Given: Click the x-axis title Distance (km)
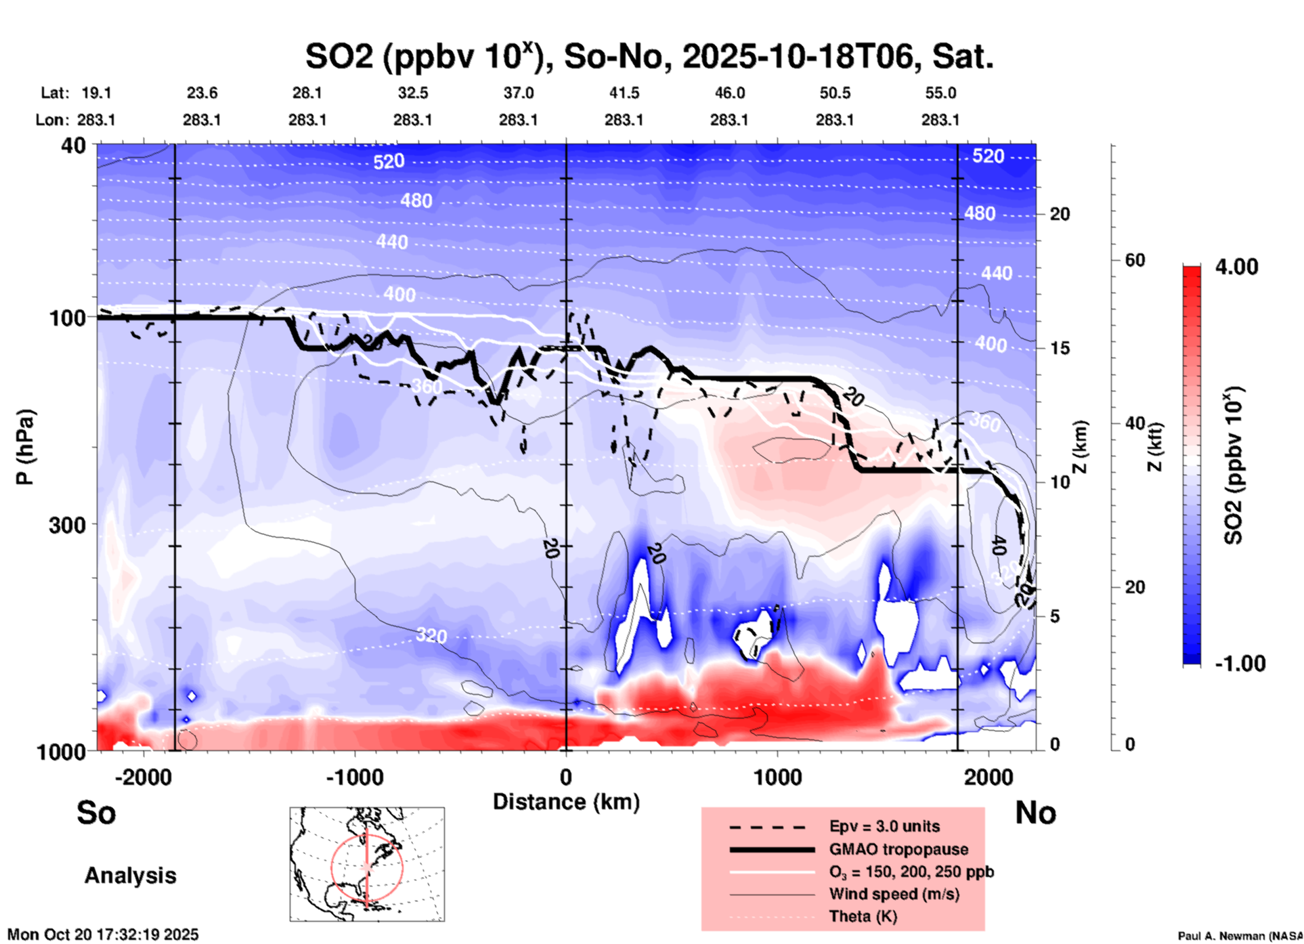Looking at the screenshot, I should point(566,802).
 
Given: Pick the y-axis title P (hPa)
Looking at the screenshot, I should point(25,447).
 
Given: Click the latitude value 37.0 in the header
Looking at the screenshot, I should point(519,93).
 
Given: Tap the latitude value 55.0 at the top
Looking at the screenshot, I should point(940,93).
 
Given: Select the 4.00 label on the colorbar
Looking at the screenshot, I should point(1236,267).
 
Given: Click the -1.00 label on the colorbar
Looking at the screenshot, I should point(1240,663).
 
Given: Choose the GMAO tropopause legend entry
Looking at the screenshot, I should point(898,849).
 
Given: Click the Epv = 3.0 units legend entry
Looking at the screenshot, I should point(884,826).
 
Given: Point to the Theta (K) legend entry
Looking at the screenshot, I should point(863,916).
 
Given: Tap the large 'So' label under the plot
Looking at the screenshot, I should point(96,813).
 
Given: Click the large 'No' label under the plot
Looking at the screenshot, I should point(1035,813).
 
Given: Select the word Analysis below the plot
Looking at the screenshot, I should point(130,876).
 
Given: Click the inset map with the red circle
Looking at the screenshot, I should point(367,864).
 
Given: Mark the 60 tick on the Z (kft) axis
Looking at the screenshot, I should point(1135,260).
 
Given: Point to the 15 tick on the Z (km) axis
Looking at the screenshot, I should point(1059,348).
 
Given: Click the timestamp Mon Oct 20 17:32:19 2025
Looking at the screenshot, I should point(103,935).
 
